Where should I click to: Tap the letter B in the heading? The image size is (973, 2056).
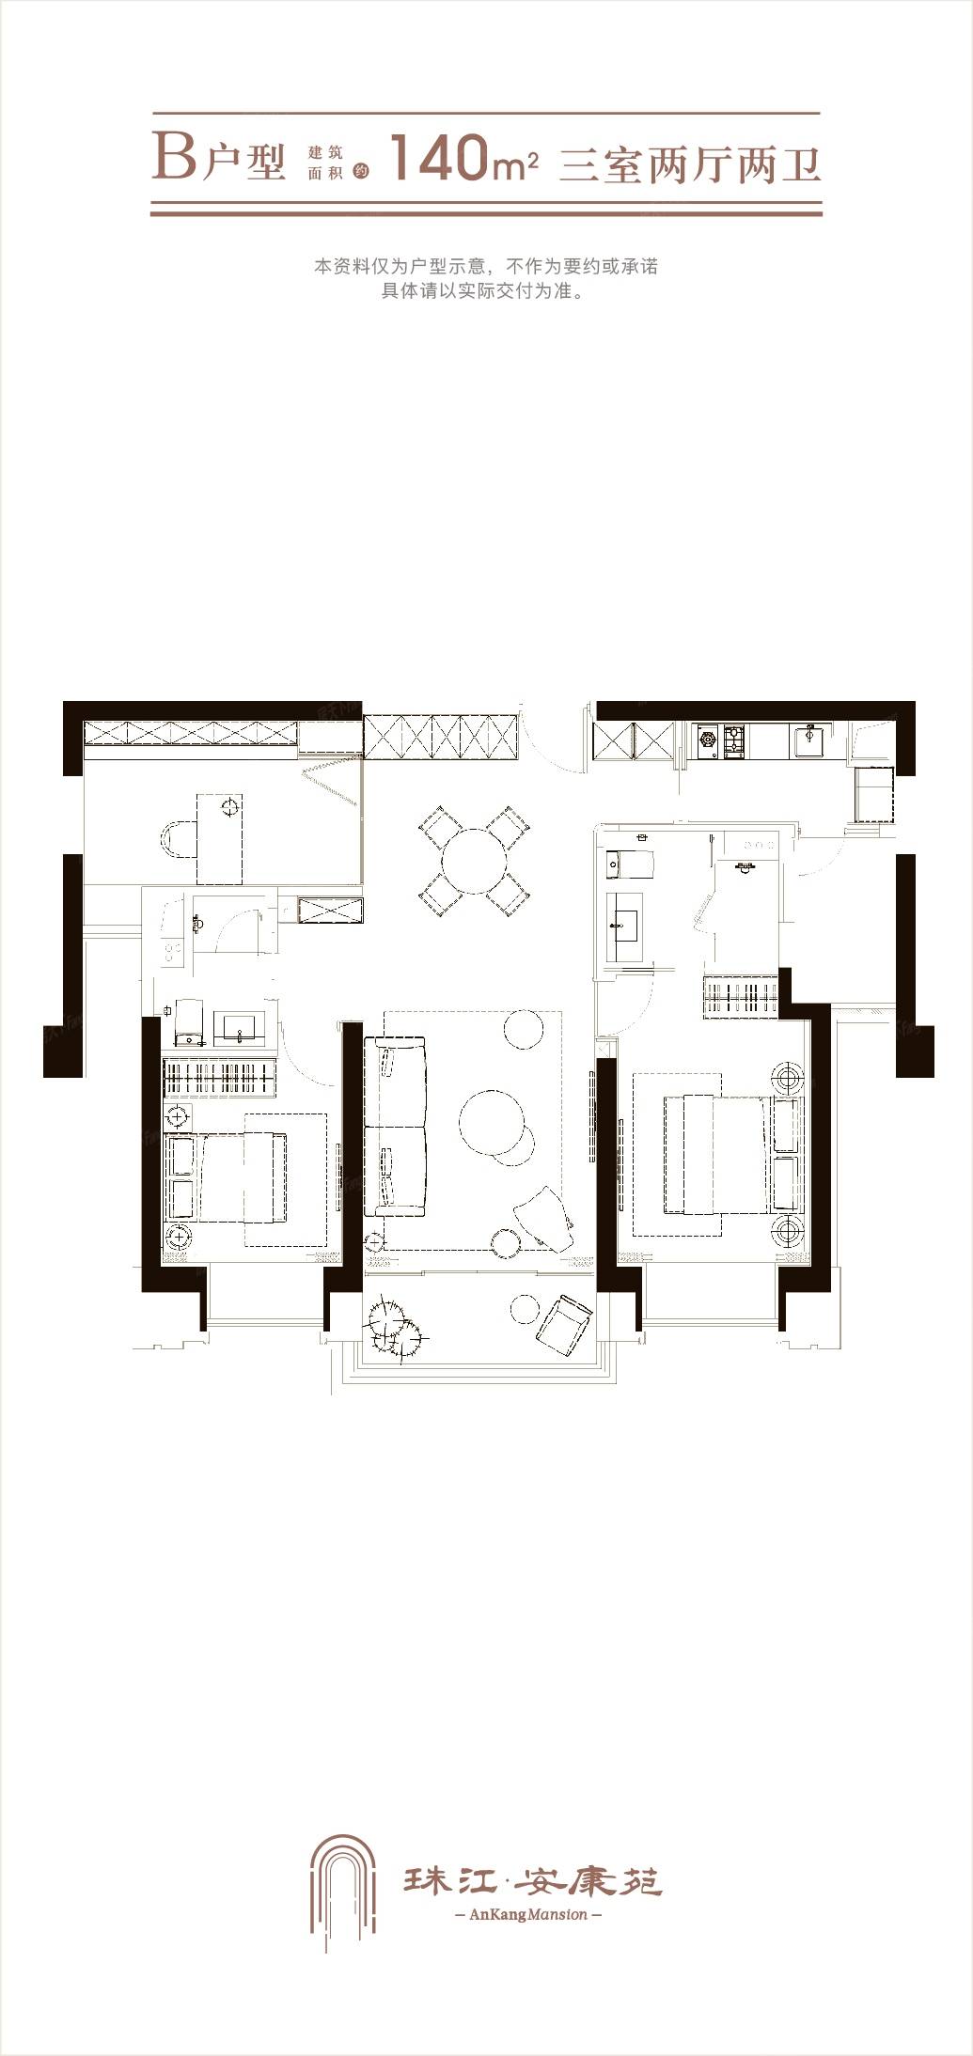175,156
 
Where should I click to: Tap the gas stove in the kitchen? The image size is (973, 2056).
720,741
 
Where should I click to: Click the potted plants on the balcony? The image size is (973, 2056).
396,1326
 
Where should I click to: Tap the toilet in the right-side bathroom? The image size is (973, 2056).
629,862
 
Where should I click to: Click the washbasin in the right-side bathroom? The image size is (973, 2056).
622,926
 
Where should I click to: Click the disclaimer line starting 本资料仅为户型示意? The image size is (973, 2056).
486,266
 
